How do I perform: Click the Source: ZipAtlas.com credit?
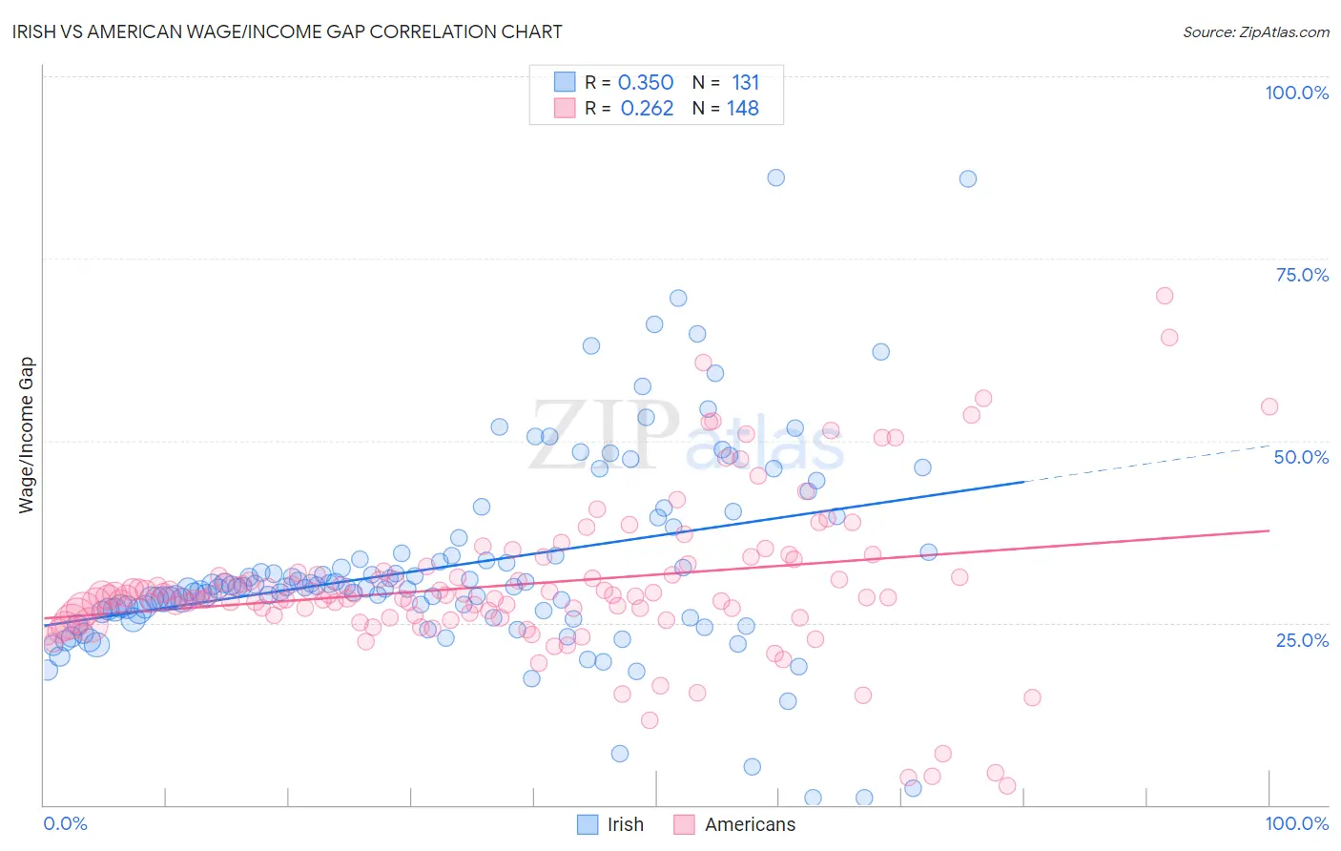click(x=1255, y=31)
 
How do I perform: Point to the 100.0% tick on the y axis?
click(x=1296, y=93)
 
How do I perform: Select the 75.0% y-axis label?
click(x=1302, y=275)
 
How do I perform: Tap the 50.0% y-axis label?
click(x=1301, y=457)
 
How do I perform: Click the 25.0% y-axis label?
click(x=1302, y=640)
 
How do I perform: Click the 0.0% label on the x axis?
click(x=65, y=823)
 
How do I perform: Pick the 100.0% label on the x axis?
click(x=1296, y=823)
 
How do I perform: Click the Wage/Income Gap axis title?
click(x=27, y=435)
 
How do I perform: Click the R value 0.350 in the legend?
click(x=646, y=83)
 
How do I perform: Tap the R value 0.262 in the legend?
click(x=647, y=109)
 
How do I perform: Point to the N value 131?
click(x=745, y=83)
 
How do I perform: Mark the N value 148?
click(x=743, y=109)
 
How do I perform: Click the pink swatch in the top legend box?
click(x=565, y=108)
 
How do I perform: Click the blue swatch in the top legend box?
click(x=565, y=82)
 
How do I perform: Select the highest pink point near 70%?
click(x=1164, y=296)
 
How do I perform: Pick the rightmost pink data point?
click(x=1269, y=406)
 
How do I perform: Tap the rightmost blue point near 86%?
click(x=967, y=178)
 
